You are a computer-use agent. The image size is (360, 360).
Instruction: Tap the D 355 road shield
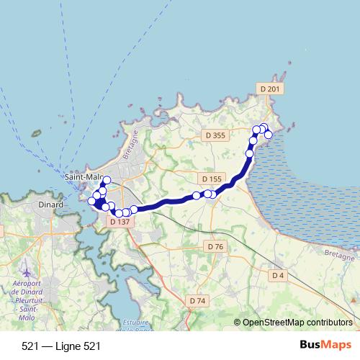[x=215, y=135]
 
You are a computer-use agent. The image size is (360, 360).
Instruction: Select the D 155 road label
[x=212, y=179]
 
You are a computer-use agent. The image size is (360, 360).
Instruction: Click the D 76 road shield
[x=215, y=246]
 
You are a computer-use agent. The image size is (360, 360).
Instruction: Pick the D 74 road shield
[x=197, y=300]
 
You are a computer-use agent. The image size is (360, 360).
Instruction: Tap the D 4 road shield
[x=279, y=275]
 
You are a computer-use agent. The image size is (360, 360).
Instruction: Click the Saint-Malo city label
[x=83, y=176]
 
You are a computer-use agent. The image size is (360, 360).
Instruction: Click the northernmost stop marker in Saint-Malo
[x=107, y=180]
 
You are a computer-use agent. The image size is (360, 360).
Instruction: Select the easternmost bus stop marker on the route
[x=269, y=135]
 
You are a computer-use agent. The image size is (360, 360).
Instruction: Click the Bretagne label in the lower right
[x=338, y=256]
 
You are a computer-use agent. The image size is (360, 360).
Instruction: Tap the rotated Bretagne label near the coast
[x=130, y=147]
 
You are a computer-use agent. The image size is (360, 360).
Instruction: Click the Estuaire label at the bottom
[x=135, y=321]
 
